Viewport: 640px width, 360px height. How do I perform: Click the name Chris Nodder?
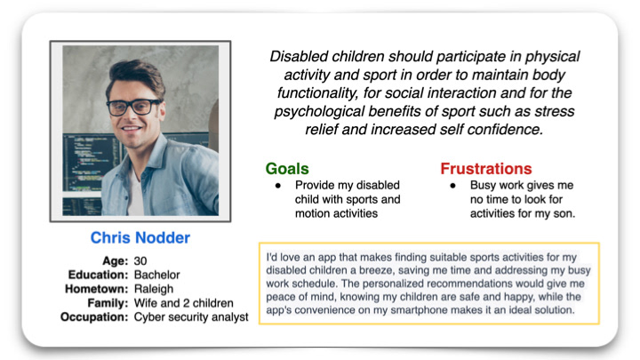pyautogui.click(x=140, y=237)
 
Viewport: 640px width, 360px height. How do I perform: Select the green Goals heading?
pyautogui.click(x=287, y=169)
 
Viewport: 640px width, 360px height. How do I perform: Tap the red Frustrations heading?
pyautogui.click(x=485, y=169)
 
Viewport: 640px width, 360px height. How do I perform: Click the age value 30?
pyautogui.click(x=140, y=260)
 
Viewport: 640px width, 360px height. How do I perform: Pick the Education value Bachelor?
pyautogui.click(x=157, y=275)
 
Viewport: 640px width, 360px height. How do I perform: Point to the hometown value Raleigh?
pyautogui.click(x=154, y=289)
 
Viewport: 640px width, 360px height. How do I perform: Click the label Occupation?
pyautogui.click(x=94, y=317)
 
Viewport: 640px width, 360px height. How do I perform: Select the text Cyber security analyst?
pyautogui.click(x=191, y=317)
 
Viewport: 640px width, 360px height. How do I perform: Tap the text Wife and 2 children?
pyautogui.click(x=184, y=303)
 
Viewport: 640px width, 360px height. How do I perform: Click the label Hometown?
pyautogui.click(x=97, y=289)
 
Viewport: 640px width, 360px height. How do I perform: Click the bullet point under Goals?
pyautogui.click(x=278, y=186)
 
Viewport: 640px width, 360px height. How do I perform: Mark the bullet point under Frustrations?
pyautogui.click(x=452, y=186)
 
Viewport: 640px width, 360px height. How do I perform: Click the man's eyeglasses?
pyautogui.click(x=134, y=107)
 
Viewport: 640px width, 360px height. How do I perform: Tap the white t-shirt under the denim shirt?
pyautogui.click(x=136, y=192)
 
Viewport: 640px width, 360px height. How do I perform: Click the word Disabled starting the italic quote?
pyautogui.click(x=300, y=56)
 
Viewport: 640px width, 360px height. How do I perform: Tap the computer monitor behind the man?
pyautogui.click(x=88, y=164)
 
